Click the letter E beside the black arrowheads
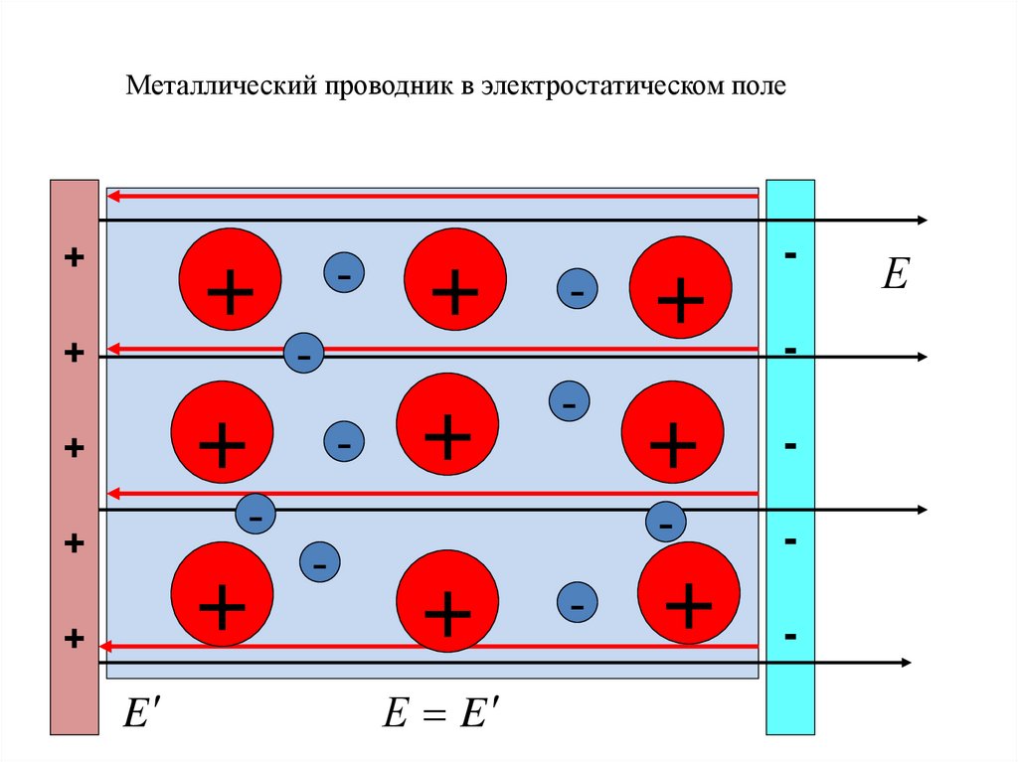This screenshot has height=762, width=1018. tap(896, 273)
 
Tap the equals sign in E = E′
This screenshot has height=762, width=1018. tap(433, 714)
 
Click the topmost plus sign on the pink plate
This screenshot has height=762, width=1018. tap(74, 257)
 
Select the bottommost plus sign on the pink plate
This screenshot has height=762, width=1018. tap(74, 639)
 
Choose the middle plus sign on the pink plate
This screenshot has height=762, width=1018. tap(74, 448)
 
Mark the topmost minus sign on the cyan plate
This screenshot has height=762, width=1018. tap(790, 254)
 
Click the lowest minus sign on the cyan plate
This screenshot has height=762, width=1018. tap(790, 636)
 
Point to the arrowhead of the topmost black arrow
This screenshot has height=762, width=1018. tap(922, 221)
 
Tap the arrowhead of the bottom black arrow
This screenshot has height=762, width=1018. tap(906, 663)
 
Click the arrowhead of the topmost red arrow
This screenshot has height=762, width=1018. tap(113, 196)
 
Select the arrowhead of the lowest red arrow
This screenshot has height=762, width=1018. tap(104, 647)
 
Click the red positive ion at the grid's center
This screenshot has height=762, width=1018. tap(447, 424)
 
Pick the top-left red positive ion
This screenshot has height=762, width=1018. tap(230, 279)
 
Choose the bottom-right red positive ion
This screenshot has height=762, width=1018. tap(689, 592)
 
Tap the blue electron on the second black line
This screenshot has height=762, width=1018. tap(304, 353)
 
